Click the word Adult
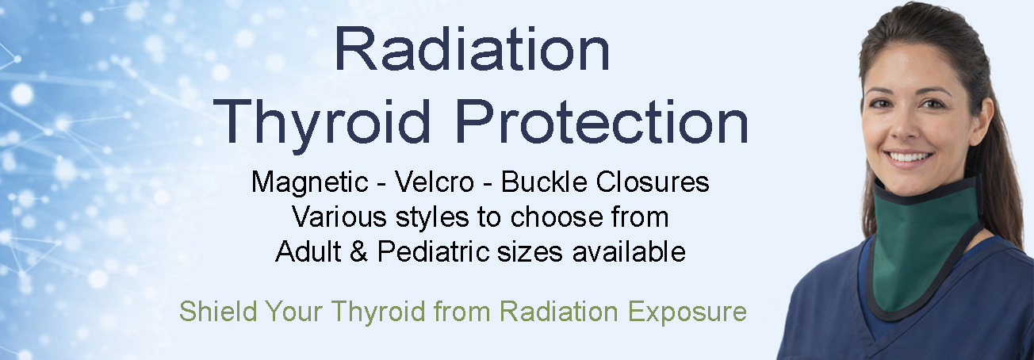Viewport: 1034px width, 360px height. (308, 251)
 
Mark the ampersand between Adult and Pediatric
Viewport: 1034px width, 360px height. (359, 251)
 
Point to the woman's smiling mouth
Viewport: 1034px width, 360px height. (911, 155)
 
